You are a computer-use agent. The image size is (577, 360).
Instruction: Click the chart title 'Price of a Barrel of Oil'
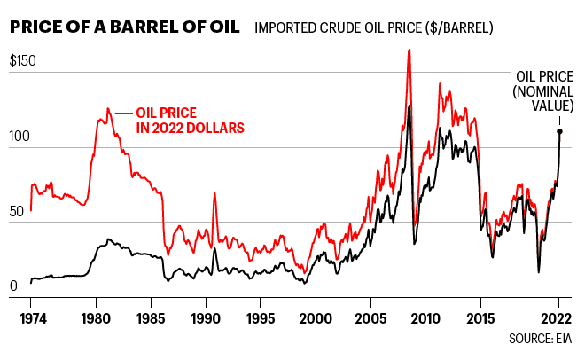click(124, 27)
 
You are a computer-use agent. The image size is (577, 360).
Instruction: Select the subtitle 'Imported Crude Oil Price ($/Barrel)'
click(373, 27)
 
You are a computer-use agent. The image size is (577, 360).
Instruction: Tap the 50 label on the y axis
click(17, 214)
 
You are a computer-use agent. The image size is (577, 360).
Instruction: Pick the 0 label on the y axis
click(12, 286)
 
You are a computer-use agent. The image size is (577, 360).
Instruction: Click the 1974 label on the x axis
click(30, 317)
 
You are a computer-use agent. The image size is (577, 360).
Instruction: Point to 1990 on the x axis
click(206, 317)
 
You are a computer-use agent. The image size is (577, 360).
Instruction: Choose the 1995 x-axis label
click(261, 317)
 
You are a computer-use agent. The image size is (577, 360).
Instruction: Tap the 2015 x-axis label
click(480, 317)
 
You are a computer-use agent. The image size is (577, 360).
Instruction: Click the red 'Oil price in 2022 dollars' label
click(190, 120)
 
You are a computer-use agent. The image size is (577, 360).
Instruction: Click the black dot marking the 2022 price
click(559, 131)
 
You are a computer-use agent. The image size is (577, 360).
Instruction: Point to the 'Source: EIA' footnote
click(540, 339)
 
